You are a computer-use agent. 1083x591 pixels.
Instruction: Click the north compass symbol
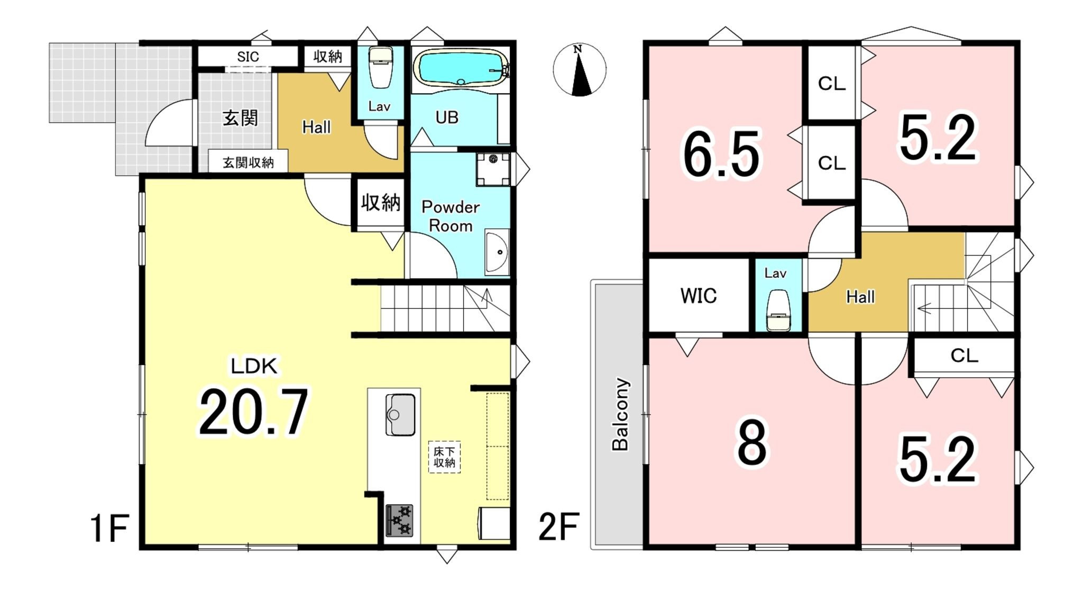coord(580,70)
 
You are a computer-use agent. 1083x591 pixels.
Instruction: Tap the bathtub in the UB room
coord(462,67)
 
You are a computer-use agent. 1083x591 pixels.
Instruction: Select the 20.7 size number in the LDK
coord(253,413)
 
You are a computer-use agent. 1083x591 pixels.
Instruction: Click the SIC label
coord(248,57)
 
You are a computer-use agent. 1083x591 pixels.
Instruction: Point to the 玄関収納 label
coord(248,162)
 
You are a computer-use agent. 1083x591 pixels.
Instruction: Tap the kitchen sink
coord(400,415)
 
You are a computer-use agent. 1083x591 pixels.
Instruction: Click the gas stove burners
coord(399,521)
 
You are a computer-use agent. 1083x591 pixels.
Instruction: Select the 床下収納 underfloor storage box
coord(444,457)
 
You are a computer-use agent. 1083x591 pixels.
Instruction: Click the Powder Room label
coord(451,216)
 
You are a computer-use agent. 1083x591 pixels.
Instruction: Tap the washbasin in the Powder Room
coord(497,252)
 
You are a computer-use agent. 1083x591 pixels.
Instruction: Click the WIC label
coord(699,296)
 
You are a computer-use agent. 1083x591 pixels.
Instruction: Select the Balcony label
coord(620,414)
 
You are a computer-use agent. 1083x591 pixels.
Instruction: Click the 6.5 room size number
coord(722,154)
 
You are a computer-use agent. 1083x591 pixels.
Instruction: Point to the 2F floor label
coord(558,526)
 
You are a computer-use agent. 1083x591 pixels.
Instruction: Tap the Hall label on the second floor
coord(860,297)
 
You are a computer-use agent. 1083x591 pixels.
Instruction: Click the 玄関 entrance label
coord(240,117)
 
